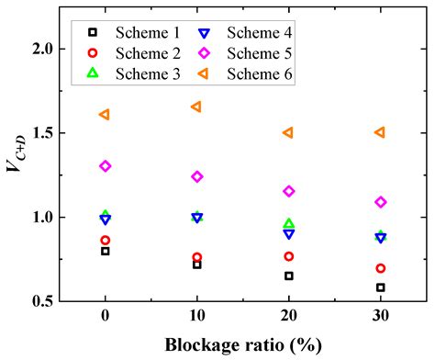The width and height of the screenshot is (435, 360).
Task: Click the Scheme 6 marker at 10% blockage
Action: point(195,107)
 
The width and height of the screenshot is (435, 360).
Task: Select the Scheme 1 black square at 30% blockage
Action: point(380,287)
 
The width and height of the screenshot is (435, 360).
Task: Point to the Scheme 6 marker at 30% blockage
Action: point(380,132)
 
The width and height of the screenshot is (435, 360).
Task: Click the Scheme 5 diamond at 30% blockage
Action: point(380,202)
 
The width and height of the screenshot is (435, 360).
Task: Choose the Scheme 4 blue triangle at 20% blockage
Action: point(288,234)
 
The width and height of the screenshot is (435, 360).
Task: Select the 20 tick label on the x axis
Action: point(288,318)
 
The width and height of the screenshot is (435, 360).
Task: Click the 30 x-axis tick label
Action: point(380,318)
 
